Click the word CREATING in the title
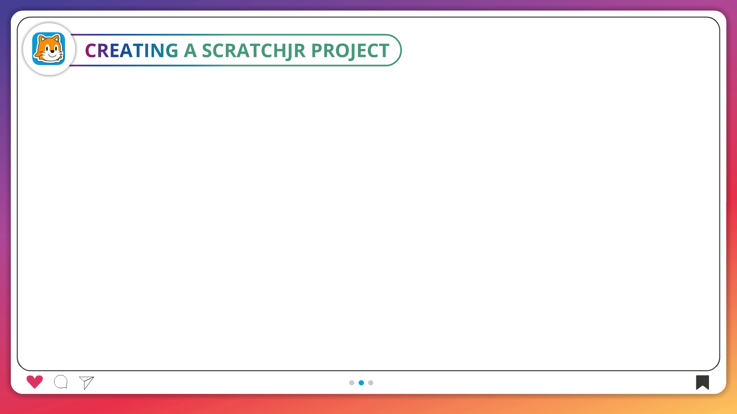click(132, 50)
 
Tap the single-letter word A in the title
click(190, 50)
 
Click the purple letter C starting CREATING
click(91, 50)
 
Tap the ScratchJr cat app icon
click(49, 49)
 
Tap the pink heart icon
click(35, 382)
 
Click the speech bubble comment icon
click(61, 382)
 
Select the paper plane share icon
click(86, 383)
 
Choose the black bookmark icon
click(702, 383)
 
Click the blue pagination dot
click(361, 383)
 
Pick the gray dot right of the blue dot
click(371, 383)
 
